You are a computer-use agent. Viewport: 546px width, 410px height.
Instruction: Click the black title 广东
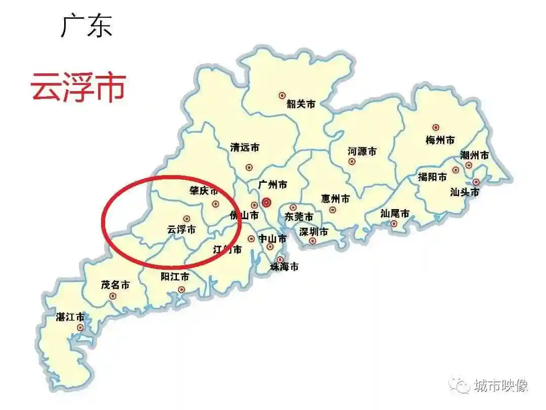click(x=86, y=26)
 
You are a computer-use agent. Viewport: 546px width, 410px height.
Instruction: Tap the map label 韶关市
click(x=301, y=104)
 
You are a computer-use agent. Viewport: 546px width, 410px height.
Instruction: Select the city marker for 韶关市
click(x=282, y=95)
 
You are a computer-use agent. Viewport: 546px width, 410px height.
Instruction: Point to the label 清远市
click(x=245, y=148)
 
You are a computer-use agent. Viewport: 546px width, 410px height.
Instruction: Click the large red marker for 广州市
click(x=267, y=202)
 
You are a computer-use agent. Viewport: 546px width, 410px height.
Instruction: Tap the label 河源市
click(x=362, y=151)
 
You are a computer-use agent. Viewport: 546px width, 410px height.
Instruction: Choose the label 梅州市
click(x=440, y=140)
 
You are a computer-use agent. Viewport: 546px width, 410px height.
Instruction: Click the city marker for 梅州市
click(x=436, y=127)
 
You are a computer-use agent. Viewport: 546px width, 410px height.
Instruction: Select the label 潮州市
click(x=475, y=155)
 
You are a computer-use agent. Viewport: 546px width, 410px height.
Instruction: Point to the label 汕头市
click(x=465, y=192)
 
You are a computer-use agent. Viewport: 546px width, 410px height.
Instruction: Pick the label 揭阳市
click(x=433, y=177)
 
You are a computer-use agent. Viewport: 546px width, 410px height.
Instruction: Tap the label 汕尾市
click(x=395, y=213)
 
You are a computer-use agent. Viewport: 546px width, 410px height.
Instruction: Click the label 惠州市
click(x=335, y=199)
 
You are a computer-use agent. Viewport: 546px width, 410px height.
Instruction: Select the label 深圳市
click(x=313, y=232)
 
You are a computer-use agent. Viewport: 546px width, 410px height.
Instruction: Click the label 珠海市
click(x=284, y=266)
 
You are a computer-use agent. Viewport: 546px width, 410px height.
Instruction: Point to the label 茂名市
click(x=115, y=285)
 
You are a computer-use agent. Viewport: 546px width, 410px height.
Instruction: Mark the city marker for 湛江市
click(x=80, y=327)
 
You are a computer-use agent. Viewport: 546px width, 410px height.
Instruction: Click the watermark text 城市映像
click(x=501, y=386)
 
